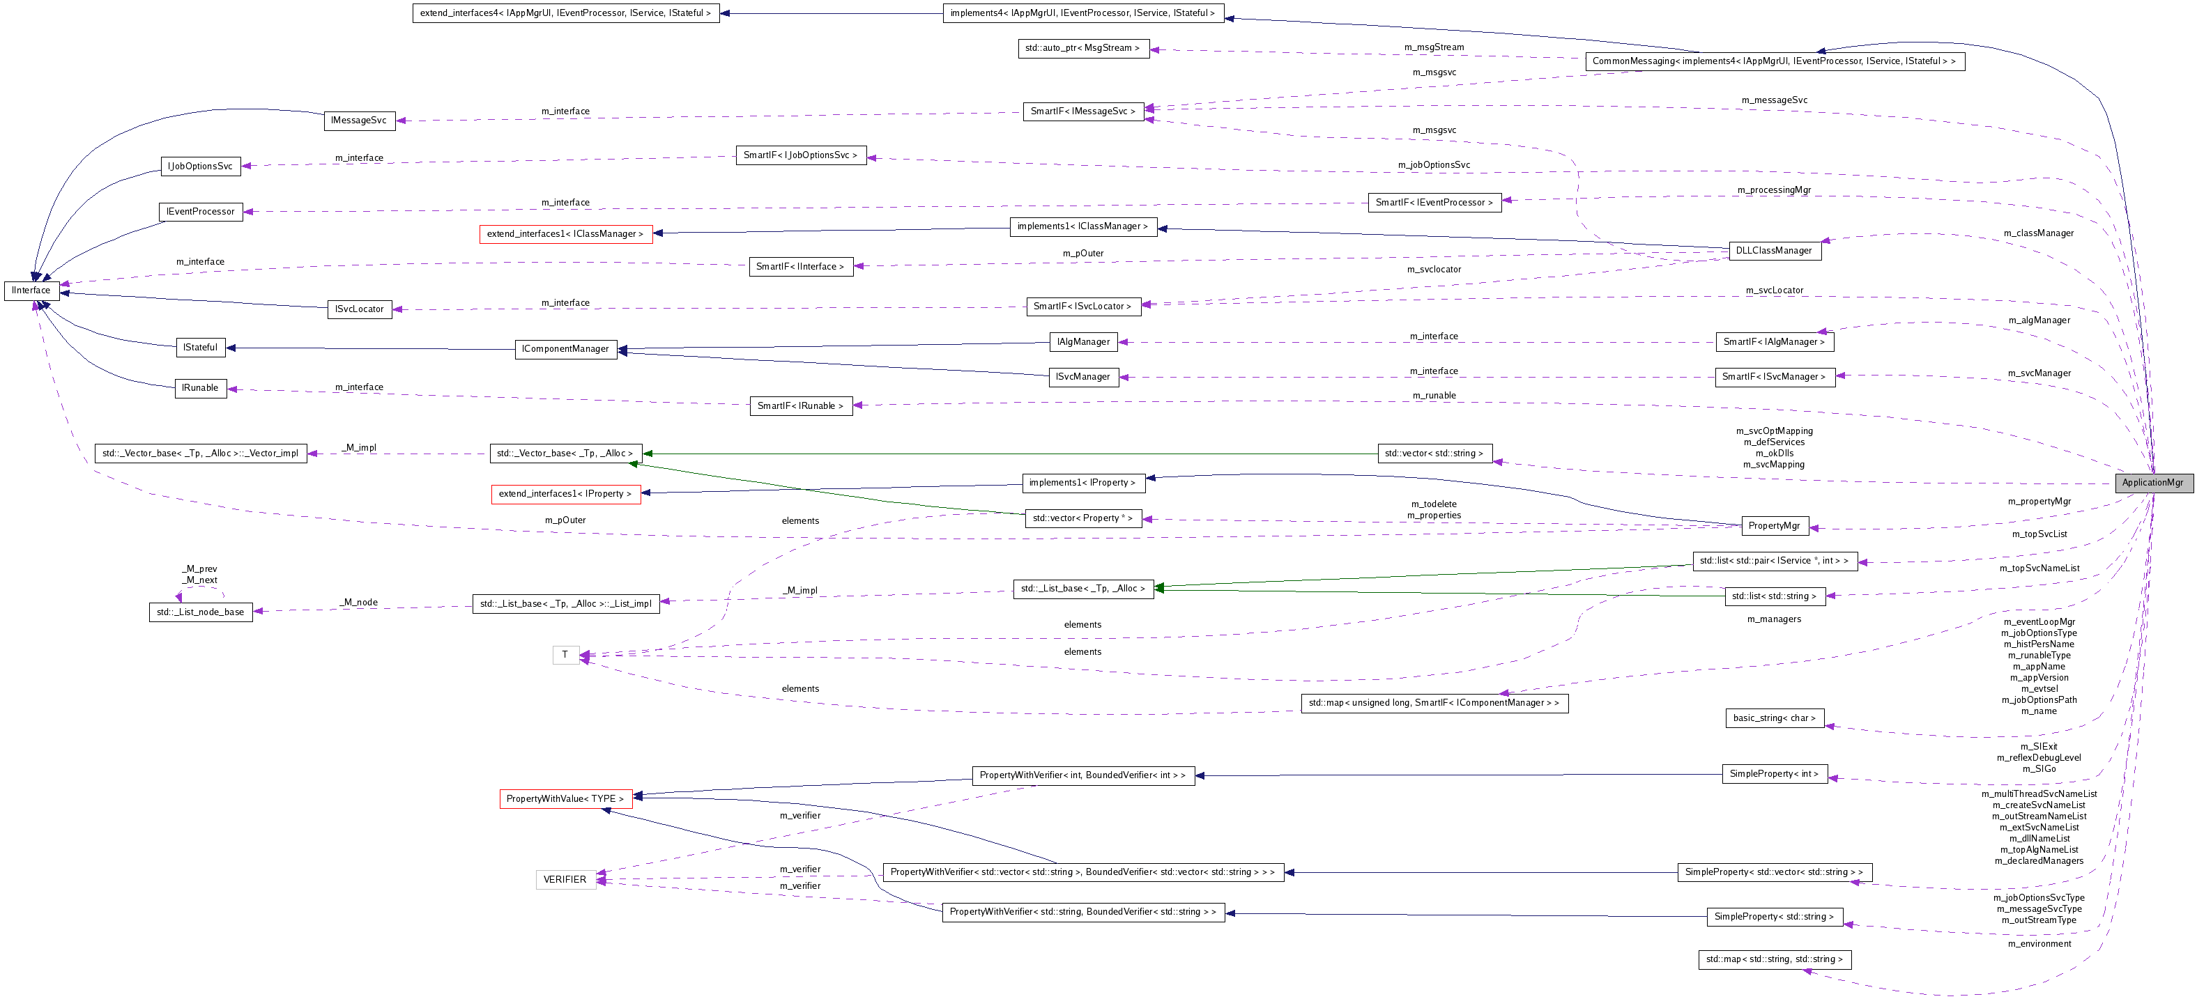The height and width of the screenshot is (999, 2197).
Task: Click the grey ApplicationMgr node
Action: coord(2152,483)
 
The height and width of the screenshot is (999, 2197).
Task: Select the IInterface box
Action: coord(31,291)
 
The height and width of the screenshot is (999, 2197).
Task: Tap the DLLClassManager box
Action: coord(1773,251)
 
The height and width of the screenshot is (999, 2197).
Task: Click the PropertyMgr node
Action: coord(1773,526)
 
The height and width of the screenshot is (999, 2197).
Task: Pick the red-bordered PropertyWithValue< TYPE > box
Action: coord(565,798)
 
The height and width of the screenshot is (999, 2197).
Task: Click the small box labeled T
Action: coord(565,655)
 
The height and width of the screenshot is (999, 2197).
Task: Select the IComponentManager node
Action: coord(565,348)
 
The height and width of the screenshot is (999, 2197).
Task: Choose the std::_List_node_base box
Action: coord(201,612)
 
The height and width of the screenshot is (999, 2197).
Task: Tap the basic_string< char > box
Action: coord(1774,718)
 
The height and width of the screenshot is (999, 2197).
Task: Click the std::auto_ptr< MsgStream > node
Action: coord(1083,49)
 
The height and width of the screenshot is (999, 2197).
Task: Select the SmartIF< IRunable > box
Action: coord(800,405)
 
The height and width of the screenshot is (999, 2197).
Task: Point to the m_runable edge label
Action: coord(1434,396)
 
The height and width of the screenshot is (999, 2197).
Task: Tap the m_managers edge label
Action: coord(1774,619)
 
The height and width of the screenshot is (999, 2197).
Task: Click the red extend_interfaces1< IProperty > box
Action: coord(565,493)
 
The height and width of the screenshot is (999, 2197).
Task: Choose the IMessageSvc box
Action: coord(359,121)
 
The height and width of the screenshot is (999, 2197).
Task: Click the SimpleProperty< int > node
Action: coord(1774,774)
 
